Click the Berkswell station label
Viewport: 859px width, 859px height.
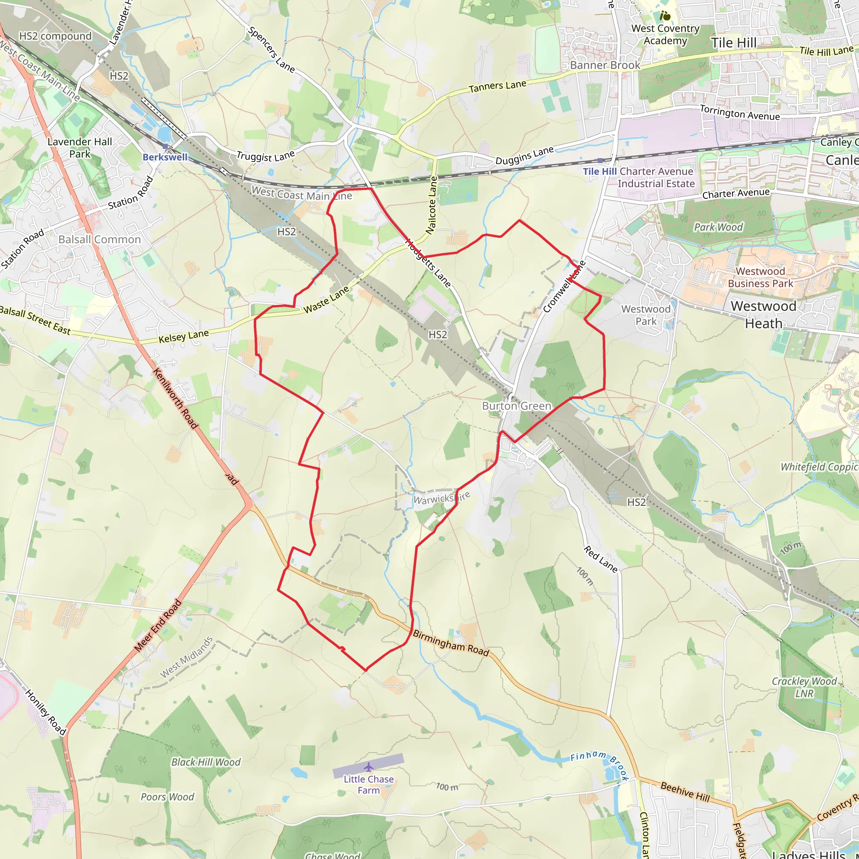tap(165, 157)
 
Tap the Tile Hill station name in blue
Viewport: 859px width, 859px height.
tap(599, 172)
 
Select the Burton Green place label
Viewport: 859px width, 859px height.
tap(517, 406)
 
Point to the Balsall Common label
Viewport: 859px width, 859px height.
tap(99, 239)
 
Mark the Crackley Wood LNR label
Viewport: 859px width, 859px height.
tap(804, 687)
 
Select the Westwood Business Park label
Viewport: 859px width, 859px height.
tap(760, 277)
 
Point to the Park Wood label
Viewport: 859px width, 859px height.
tap(718, 228)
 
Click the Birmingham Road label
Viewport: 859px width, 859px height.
tap(451, 643)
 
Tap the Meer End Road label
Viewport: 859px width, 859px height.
tap(158, 625)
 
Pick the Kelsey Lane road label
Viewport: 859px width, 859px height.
tap(184, 336)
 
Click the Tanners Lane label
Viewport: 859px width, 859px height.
tap(497, 86)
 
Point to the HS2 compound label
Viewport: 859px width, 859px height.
tap(56, 36)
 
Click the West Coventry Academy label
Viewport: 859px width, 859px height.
tap(665, 35)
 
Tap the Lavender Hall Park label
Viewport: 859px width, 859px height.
tap(80, 148)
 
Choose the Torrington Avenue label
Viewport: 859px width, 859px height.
tap(740, 113)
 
